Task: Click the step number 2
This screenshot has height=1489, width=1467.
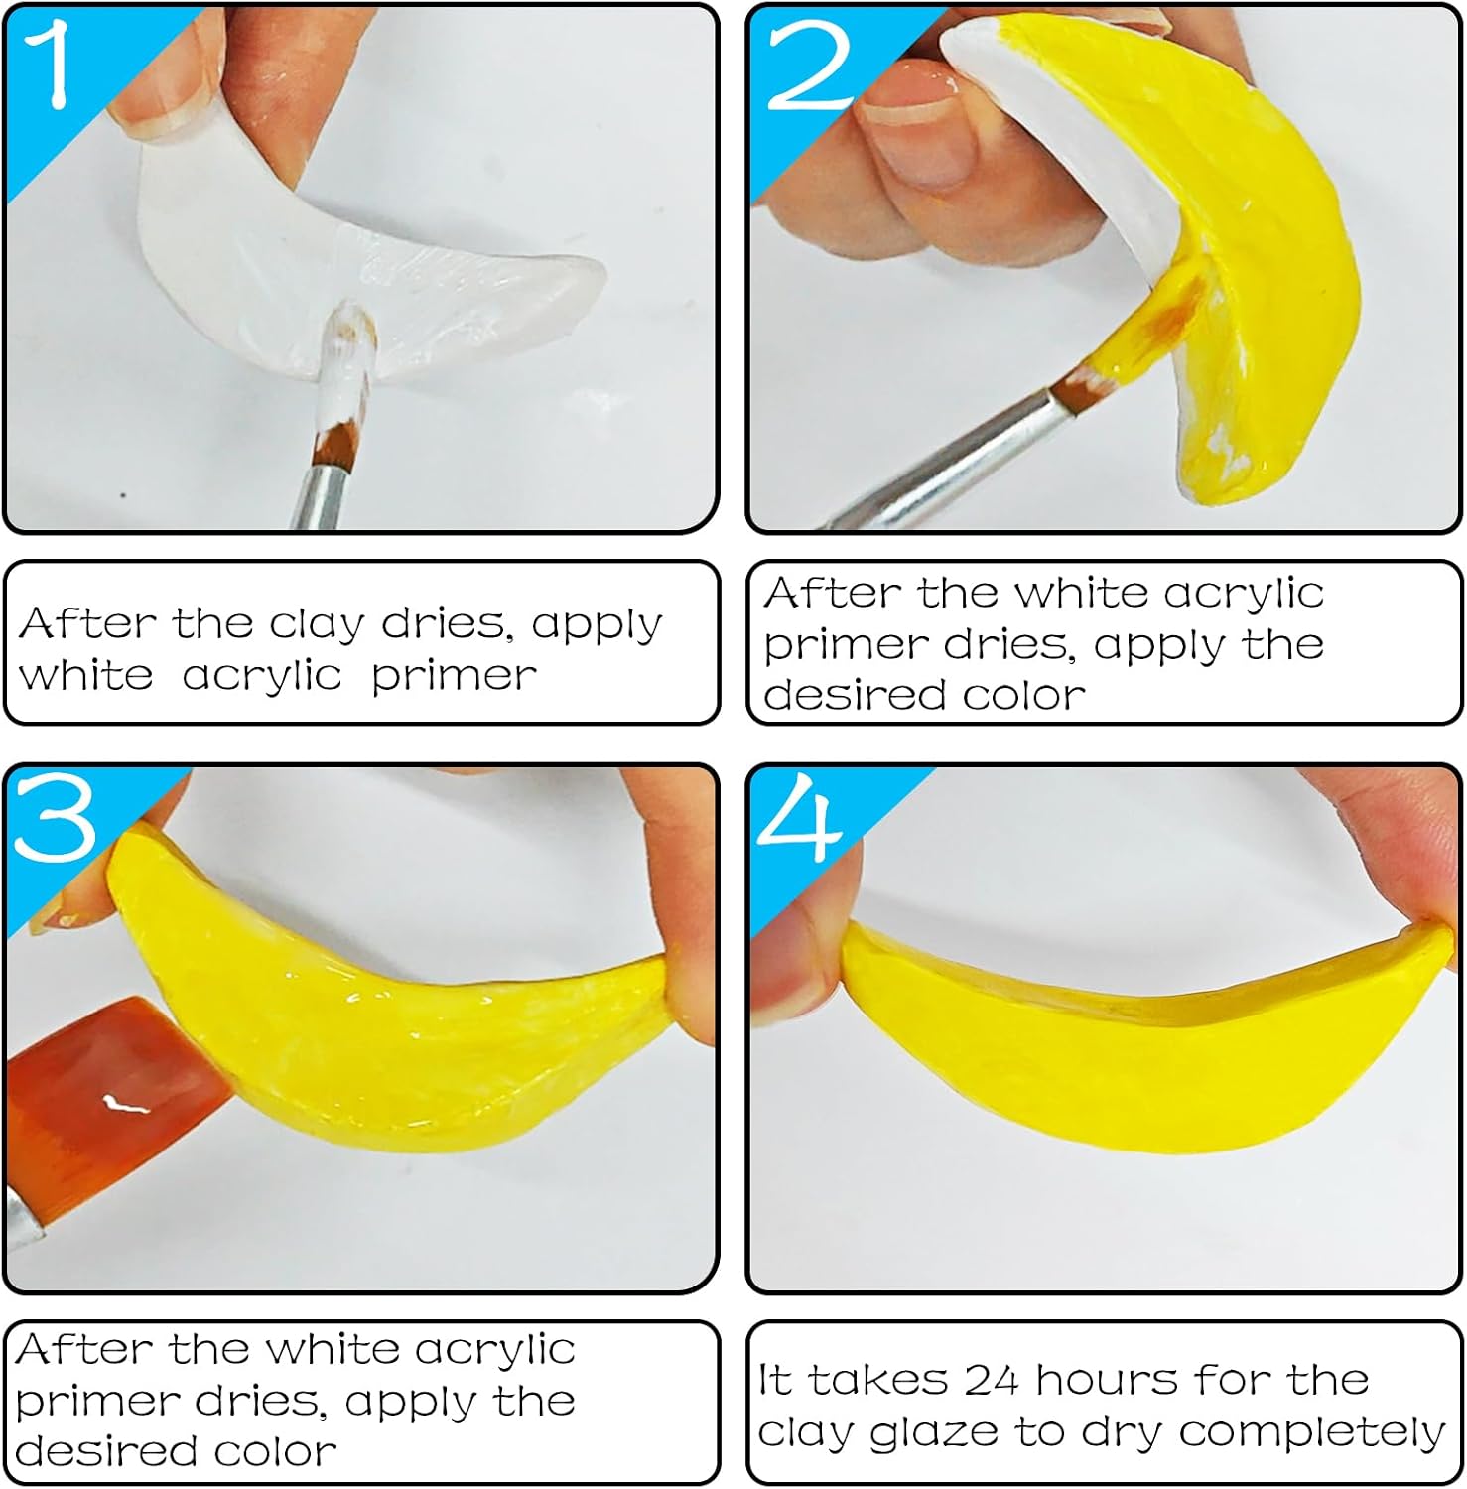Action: point(812,64)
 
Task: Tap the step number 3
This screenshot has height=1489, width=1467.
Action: point(56,816)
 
